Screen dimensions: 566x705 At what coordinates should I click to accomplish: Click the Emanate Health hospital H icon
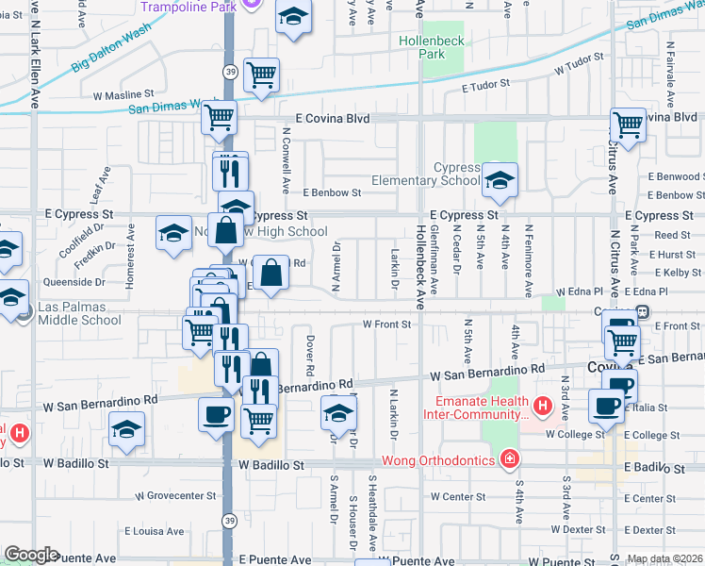[x=542, y=408]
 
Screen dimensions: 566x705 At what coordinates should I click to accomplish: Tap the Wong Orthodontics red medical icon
[x=509, y=459]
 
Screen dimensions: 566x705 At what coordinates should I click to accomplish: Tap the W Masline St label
[x=123, y=94]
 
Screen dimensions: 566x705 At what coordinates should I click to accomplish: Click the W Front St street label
[x=388, y=325]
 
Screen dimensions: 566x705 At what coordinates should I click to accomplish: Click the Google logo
[x=31, y=555]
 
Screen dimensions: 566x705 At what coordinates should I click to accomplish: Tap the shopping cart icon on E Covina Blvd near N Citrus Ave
[x=627, y=124]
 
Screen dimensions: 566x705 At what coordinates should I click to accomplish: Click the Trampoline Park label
[x=187, y=7]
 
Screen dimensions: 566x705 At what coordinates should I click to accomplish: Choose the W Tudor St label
[x=578, y=69]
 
